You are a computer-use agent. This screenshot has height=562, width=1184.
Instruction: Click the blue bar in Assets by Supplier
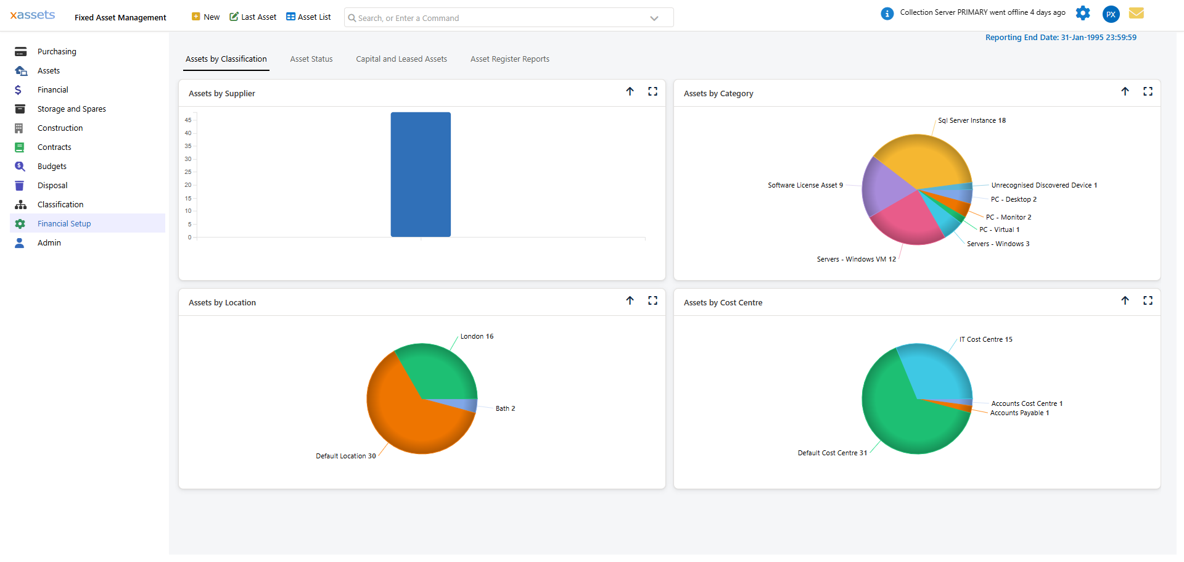[421, 175]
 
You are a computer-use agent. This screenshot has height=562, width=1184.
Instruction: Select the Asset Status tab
[311, 59]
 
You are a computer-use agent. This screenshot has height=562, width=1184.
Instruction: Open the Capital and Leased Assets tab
[401, 59]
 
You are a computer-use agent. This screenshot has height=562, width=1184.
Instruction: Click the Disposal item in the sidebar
[52, 186]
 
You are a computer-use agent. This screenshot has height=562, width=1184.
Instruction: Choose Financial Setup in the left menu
[64, 224]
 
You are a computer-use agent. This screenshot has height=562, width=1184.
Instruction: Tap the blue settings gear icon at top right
[1083, 13]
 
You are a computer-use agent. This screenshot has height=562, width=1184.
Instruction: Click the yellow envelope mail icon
[1137, 13]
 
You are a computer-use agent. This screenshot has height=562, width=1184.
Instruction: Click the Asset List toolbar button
[308, 17]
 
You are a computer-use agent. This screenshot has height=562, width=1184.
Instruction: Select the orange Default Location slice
[401, 426]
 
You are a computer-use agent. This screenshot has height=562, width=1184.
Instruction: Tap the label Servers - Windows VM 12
[856, 260]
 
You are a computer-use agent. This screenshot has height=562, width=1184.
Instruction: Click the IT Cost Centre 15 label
[985, 340]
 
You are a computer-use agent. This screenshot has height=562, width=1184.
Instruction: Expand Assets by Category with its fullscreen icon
[1148, 91]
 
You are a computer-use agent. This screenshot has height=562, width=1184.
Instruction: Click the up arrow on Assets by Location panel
[630, 300]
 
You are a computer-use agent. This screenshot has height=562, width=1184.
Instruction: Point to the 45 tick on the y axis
[188, 120]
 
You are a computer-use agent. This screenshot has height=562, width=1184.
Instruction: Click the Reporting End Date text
[1061, 38]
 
